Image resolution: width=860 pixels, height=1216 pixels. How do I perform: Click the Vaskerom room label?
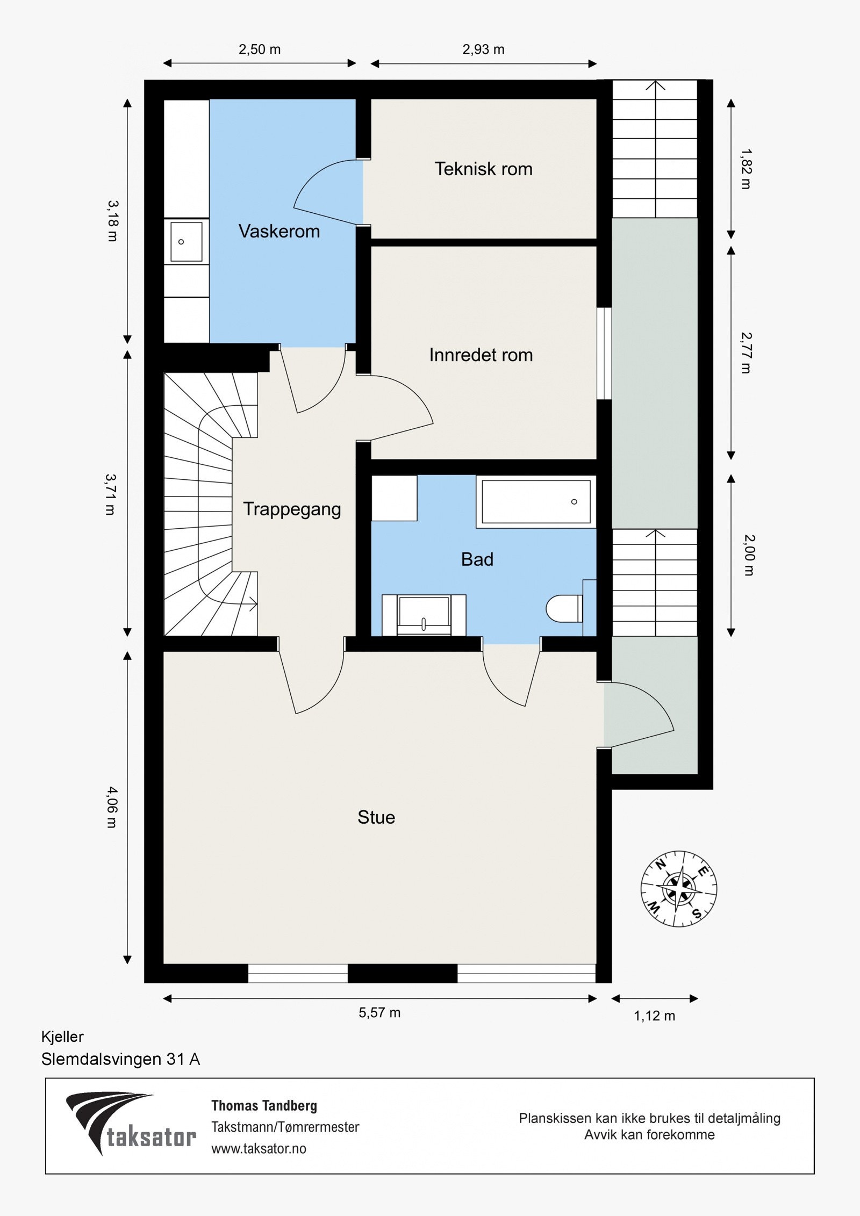point(279,231)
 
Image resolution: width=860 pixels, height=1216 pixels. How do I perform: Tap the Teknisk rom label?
point(483,169)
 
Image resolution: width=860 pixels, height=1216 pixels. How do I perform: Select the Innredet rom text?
point(481,355)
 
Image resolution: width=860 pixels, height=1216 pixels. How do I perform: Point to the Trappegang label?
point(292,509)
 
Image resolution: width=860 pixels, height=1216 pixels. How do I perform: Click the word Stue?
point(376,817)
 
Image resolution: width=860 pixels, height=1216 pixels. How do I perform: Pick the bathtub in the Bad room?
point(536,501)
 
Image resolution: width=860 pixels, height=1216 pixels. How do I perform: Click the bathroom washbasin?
point(424,615)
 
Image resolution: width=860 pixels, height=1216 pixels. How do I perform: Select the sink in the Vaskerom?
point(186,242)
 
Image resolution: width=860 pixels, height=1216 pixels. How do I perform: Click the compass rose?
point(679,888)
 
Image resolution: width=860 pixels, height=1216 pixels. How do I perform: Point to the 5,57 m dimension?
point(379,1013)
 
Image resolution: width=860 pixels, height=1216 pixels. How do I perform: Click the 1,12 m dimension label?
point(654,1016)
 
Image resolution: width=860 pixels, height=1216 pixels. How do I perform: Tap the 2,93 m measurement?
point(483,49)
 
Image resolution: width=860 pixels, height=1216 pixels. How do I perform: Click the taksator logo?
point(131,1123)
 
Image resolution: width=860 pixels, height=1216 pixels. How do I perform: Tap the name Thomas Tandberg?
point(264,1105)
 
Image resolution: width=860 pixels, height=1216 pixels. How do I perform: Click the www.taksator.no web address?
point(259,1148)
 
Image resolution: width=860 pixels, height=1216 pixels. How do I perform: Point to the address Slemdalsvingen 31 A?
point(120,1059)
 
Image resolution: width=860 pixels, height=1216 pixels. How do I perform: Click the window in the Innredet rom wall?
point(604,354)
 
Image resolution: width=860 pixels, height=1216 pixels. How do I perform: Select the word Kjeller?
point(62,1037)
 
